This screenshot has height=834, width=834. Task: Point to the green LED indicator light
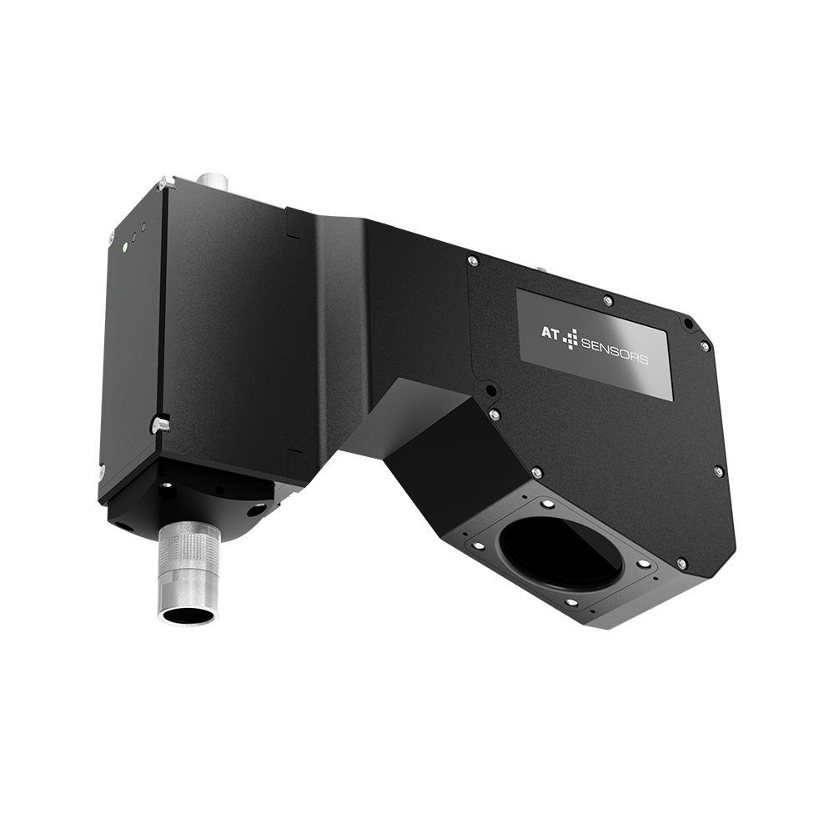(x=124, y=246)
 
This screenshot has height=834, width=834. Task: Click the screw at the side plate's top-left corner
(x=473, y=261)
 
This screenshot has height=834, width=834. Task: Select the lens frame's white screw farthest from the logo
(x=571, y=602)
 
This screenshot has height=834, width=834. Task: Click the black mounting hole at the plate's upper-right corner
(x=687, y=324)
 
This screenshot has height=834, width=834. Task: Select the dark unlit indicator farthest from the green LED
(x=143, y=226)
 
